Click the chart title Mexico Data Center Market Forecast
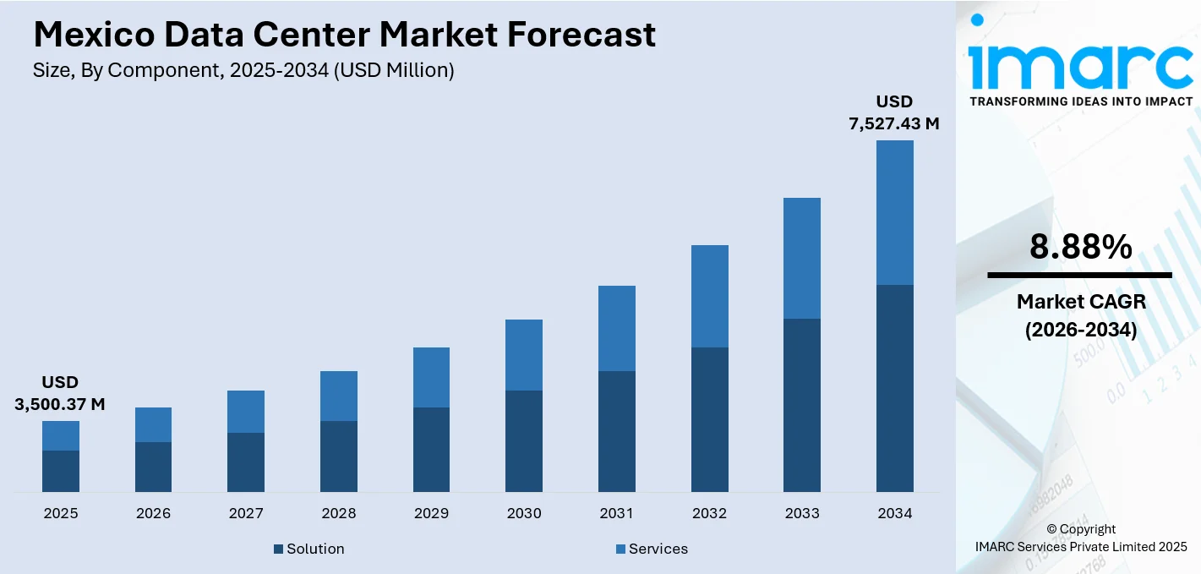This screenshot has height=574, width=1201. (x=344, y=35)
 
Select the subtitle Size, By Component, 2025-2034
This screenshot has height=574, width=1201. (x=243, y=71)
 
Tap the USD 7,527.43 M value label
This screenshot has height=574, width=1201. (x=894, y=113)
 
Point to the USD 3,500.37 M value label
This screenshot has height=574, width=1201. (x=60, y=394)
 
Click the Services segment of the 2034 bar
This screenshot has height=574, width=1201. (x=894, y=212)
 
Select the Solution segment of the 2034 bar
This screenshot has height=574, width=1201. (x=894, y=388)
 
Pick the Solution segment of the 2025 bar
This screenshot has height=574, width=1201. (x=61, y=471)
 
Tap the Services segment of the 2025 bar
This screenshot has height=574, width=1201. (x=61, y=435)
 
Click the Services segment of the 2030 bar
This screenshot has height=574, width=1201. (x=524, y=355)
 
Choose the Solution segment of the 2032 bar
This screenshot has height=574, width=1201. (x=709, y=419)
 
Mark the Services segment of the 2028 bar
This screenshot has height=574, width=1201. (x=339, y=396)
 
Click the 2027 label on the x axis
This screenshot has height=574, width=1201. (x=246, y=513)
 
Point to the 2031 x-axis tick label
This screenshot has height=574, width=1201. (x=617, y=513)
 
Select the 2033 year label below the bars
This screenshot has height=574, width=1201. (x=802, y=513)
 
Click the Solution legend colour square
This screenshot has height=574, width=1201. (x=278, y=549)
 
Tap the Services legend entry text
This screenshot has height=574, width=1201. (x=658, y=549)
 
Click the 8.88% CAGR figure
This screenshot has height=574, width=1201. (x=1080, y=247)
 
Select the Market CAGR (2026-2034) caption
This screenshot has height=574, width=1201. (x=1080, y=315)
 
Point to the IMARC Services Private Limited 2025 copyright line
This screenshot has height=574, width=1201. (x=1081, y=547)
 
